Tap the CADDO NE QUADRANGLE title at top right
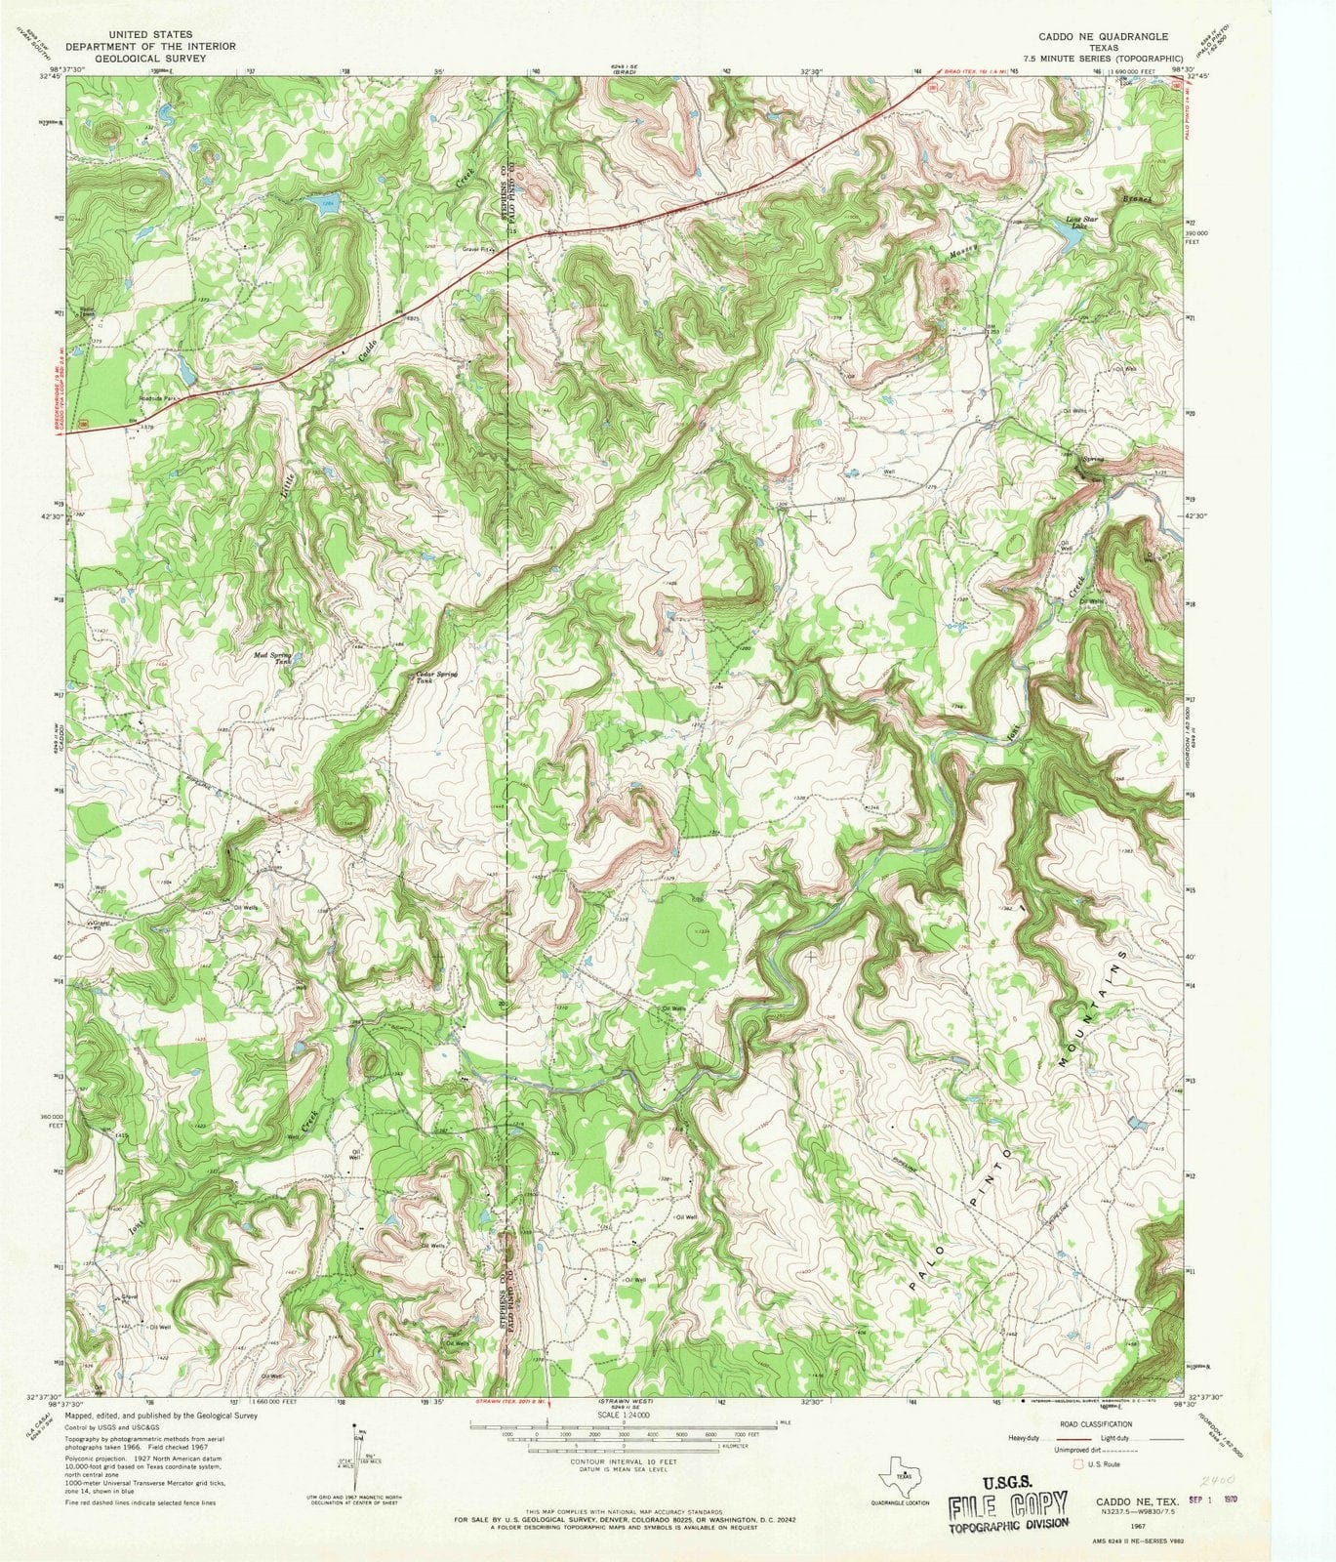click(1090, 35)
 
